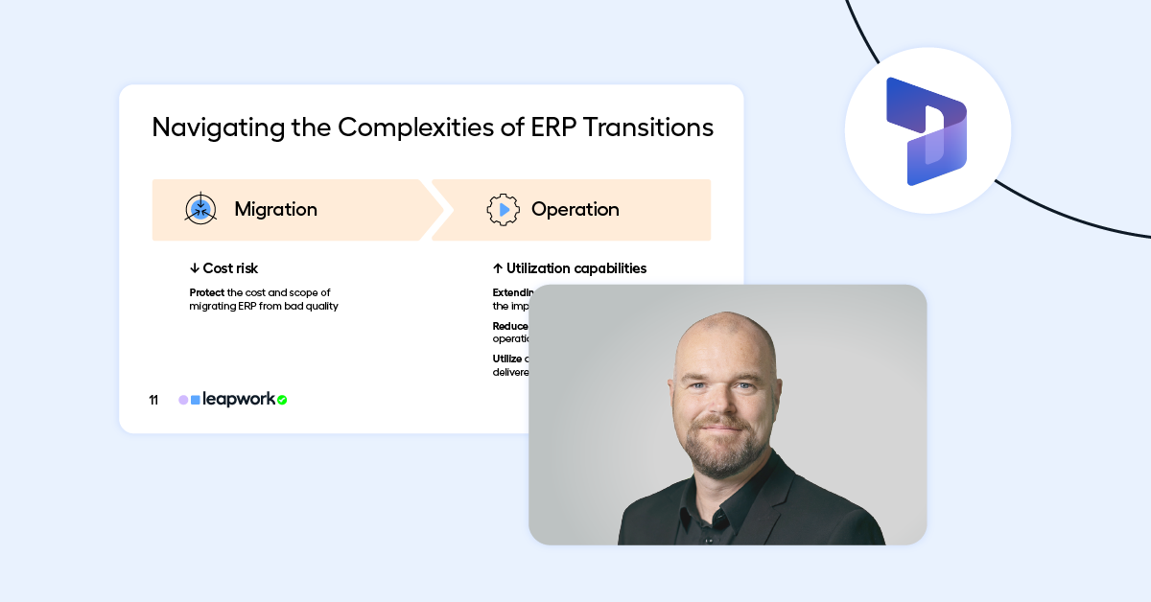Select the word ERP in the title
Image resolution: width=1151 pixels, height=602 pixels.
(x=554, y=127)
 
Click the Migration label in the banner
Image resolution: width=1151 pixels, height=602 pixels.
(x=275, y=209)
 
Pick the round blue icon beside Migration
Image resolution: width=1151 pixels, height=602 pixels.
(x=200, y=209)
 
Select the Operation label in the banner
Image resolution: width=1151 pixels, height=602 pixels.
(x=575, y=209)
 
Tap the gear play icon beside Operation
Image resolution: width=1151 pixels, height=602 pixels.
(x=504, y=209)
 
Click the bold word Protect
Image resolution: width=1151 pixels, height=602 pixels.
(x=207, y=292)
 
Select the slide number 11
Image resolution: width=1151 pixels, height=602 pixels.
(x=153, y=400)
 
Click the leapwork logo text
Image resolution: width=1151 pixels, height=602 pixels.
(x=239, y=399)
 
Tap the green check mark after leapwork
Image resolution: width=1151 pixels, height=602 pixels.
(x=282, y=400)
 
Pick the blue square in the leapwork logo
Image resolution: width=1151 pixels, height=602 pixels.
(x=196, y=400)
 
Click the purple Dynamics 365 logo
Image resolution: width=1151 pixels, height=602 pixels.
(x=926, y=130)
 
